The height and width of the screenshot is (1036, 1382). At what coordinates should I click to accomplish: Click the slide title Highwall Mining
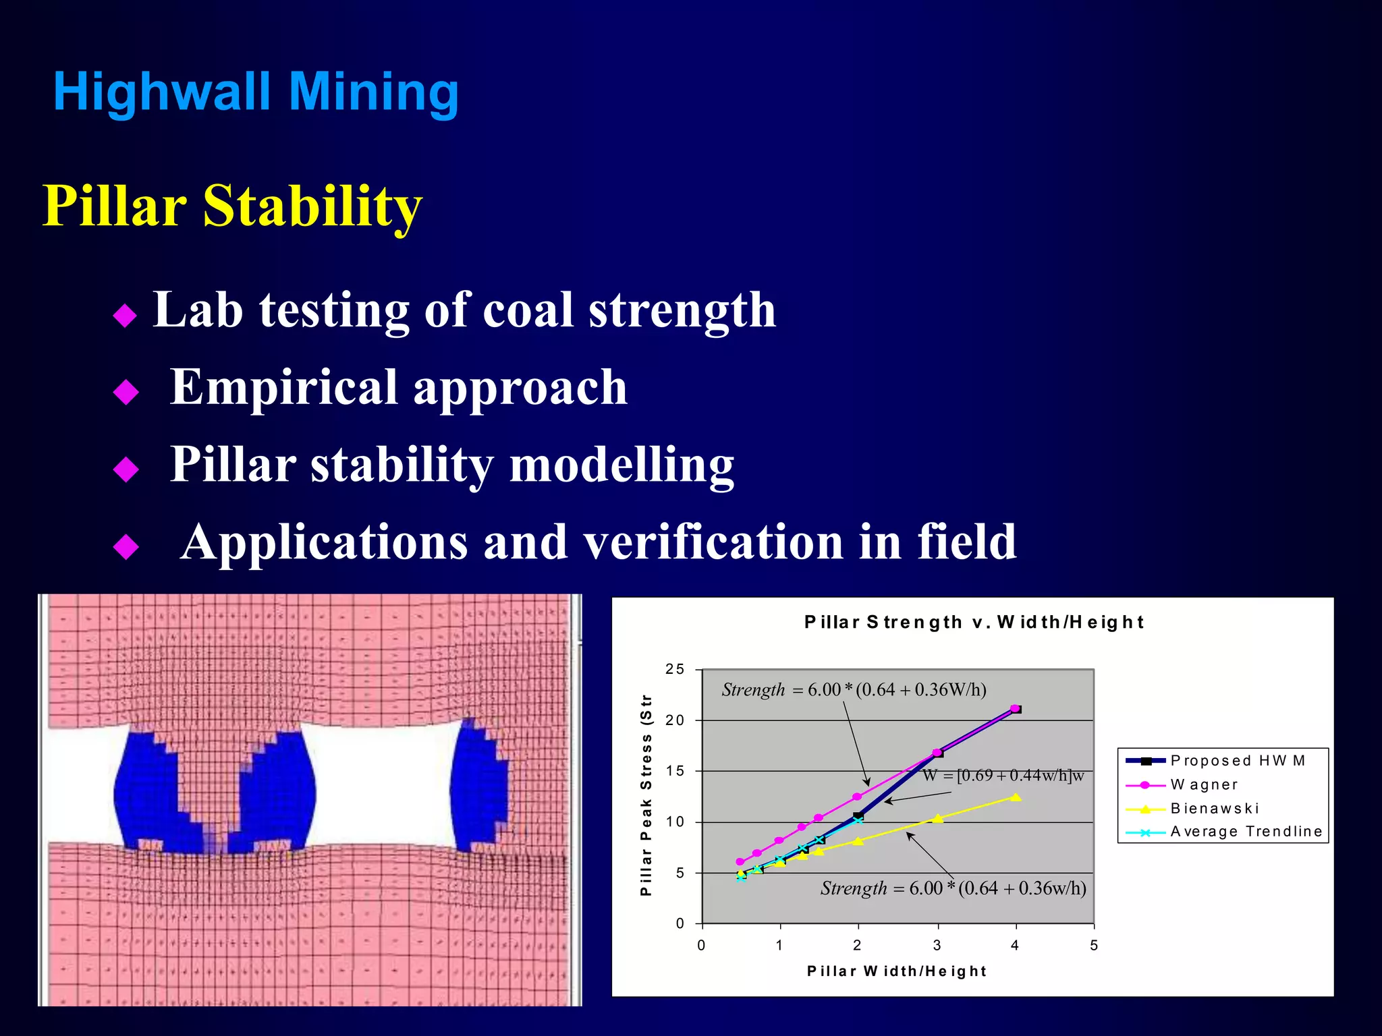(x=256, y=92)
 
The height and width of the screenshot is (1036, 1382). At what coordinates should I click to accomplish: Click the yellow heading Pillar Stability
(x=232, y=206)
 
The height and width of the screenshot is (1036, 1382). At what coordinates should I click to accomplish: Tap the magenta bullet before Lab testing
(x=126, y=315)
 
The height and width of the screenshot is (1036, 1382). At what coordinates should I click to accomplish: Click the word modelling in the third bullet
(x=621, y=465)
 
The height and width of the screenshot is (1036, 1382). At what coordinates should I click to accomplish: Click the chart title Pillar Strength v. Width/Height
(x=973, y=622)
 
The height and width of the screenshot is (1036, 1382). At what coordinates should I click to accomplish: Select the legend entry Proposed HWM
(x=1237, y=761)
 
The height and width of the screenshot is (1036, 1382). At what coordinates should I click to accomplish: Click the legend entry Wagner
(x=1204, y=784)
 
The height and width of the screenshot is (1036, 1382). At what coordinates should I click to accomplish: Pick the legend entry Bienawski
(x=1215, y=808)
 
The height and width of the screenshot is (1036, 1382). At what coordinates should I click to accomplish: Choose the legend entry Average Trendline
(x=1246, y=832)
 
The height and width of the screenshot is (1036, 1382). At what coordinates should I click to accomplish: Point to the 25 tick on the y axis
(x=675, y=669)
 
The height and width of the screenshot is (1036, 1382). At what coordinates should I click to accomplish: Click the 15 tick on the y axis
(x=675, y=771)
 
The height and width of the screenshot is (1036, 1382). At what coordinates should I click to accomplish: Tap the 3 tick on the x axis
(x=937, y=946)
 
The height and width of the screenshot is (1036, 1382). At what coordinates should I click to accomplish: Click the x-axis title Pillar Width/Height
(x=897, y=971)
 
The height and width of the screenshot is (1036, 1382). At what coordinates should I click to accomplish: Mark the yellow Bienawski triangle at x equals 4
(x=1016, y=797)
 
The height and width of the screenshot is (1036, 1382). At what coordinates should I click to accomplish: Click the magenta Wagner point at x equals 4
(x=1014, y=708)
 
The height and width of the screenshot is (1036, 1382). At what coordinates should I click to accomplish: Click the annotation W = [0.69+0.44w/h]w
(x=1003, y=776)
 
